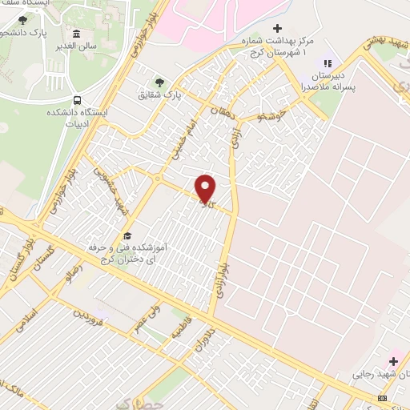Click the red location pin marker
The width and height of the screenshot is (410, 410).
click(x=206, y=188)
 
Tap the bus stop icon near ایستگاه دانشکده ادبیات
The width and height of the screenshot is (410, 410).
click(x=78, y=100)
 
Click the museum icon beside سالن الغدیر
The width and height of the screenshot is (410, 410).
click(x=76, y=34)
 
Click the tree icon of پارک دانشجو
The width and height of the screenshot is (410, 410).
click(x=22, y=20)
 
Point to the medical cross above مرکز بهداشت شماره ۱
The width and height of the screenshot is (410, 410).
click(x=277, y=28)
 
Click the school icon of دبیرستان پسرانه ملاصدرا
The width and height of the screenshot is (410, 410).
click(x=326, y=63)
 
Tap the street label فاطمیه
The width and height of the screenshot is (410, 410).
click(x=178, y=328)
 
